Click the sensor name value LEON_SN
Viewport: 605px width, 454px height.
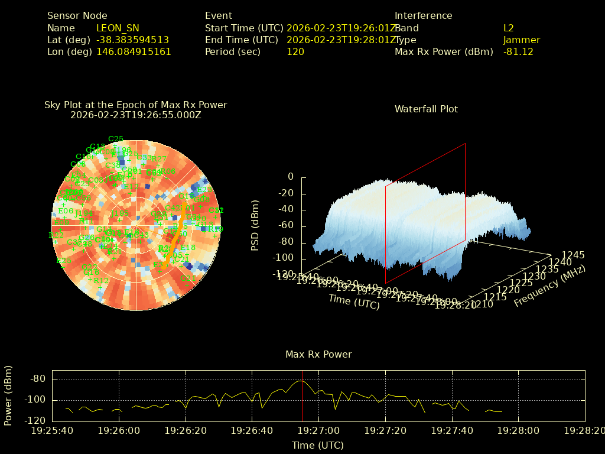click(x=118, y=28)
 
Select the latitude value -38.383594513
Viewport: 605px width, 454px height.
click(x=132, y=40)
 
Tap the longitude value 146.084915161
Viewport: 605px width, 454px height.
click(x=134, y=51)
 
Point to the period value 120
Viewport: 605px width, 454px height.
click(x=295, y=51)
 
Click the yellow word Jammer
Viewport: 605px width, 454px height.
click(x=522, y=40)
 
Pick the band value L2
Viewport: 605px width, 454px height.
click(x=509, y=28)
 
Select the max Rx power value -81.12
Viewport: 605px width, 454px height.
click(x=518, y=51)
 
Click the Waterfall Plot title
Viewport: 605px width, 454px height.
click(x=426, y=109)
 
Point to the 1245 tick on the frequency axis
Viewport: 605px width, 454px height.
click(x=573, y=255)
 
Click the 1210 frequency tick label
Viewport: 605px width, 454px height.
click(x=483, y=304)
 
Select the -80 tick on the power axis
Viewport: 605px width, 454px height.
click(x=38, y=379)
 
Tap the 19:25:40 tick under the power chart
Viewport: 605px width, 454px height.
click(x=52, y=430)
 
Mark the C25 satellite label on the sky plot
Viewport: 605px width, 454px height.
click(x=116, y=139)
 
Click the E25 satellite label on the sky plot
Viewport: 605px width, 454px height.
click(x=63, y=261)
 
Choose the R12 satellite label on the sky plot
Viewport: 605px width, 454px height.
click(x=101, y=281)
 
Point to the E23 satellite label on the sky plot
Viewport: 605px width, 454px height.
click(x=204, y=190)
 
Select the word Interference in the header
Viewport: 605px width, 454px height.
click(x=423, y=16)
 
